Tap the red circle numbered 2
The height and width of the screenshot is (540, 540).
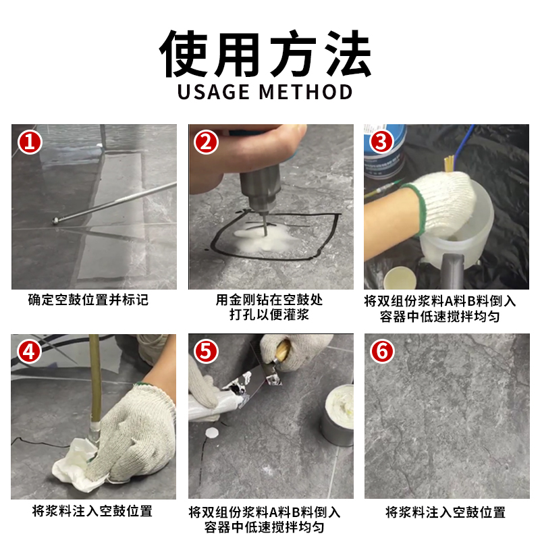coord(207,142)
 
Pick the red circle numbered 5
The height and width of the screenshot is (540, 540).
coord(207,352)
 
